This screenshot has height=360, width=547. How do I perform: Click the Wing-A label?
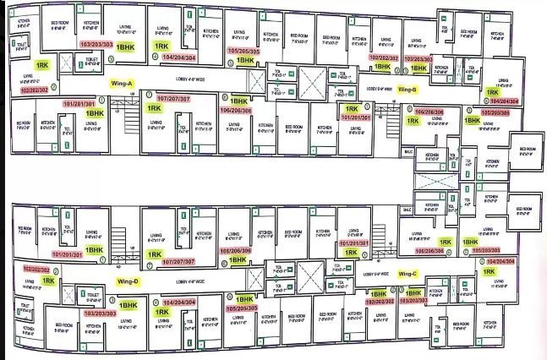123,84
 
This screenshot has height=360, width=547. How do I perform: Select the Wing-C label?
408,274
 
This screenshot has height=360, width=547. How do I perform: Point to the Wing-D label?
129,280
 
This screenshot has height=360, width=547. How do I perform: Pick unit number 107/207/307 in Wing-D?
178,262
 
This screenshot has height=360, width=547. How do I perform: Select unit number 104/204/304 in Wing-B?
504,101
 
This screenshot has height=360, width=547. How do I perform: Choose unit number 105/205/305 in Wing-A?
244,51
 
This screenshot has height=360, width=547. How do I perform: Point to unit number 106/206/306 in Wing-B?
430,111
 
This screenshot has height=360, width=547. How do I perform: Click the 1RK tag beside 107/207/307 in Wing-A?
154,109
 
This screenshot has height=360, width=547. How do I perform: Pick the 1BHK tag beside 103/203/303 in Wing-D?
128,307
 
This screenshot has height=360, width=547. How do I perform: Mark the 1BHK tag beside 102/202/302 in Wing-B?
382,65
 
